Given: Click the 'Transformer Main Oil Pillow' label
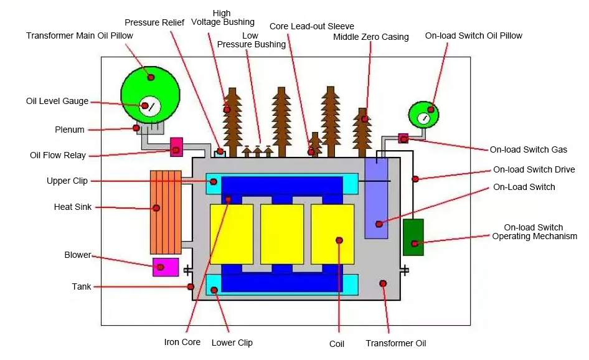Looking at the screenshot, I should (x=80, y=36).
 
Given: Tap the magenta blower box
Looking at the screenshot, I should (x=166, y=267).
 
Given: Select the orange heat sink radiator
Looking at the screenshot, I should (x=166, y=212).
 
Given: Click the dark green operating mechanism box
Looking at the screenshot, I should (x=413, y=237).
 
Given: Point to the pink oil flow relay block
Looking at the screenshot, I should (x=177, y=147).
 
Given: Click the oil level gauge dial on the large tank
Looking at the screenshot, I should (x=149, y=106).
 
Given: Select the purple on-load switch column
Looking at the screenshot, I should (x=376, y=197).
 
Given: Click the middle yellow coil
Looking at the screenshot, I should (x=282, y=234).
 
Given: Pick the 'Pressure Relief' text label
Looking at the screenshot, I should (x=154, y=22).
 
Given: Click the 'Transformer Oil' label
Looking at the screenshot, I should (x=396, y=343).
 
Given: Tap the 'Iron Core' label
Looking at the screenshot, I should (x=182, y=342).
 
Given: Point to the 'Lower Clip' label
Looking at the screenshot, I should (x=232, y=343).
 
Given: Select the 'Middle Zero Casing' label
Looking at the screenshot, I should (x=371, y=37).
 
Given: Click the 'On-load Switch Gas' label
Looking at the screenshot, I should (x=529, y=149).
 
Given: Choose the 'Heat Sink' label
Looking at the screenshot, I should (x=73, y=207).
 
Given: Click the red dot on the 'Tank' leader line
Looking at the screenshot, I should (x=191, y=287).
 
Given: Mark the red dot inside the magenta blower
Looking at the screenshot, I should (x=160, y=267).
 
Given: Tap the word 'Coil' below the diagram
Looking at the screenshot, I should (x=337, y=343).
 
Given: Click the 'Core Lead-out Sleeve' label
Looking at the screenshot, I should (x=312, y=26).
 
